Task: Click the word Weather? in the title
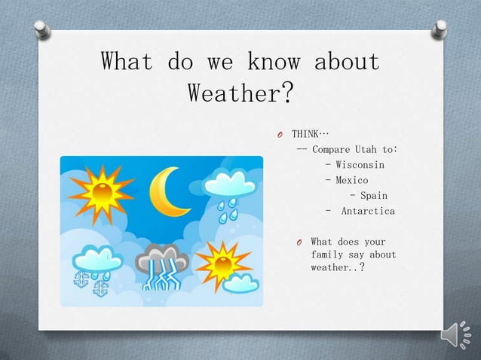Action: click(x=240, y=95)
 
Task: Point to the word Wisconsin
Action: click(x=360, y=165)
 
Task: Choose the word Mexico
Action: click(x=351, y=181)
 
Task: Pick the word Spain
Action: click(x=373, y=196)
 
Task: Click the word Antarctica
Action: click(x=368, y=212)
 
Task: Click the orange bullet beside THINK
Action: click(x=278, y=135)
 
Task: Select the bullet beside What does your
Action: click(x=299, y=243)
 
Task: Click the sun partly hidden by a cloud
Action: click(x=222, y=264)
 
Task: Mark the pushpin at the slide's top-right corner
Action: click(x=439, y=29)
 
